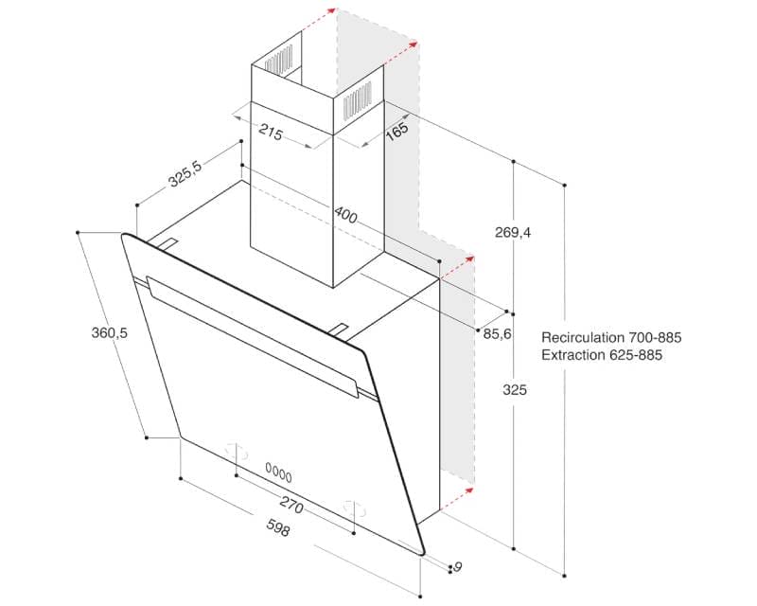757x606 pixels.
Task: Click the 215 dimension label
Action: (x=272, y=134)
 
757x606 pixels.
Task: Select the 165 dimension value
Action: (x=396, y=131)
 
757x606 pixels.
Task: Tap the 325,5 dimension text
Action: (x=185, y=175)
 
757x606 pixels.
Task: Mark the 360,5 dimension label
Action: (x=110, y=333)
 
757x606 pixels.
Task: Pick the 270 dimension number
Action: (x=290, y=507)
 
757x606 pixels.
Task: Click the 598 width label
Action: (x=277, y=530)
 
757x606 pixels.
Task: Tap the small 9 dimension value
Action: (x=458, y=567)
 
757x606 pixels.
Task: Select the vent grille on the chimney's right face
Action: (x=358, y=99)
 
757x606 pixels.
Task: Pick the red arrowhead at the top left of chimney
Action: (x=330, y=11)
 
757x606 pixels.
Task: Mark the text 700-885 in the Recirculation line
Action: (x=655, y=337)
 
